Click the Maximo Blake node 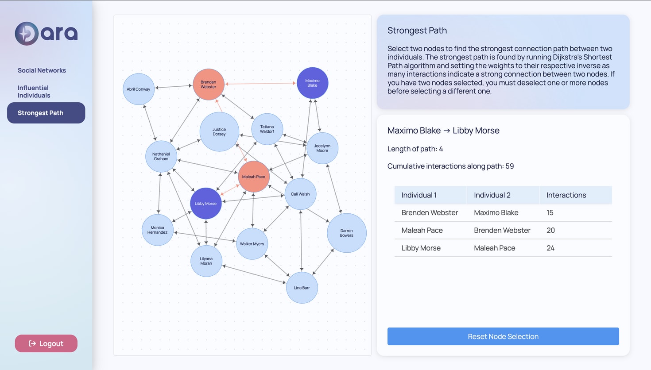point(312,83)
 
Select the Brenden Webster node point(208,84)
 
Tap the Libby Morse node point(205,203)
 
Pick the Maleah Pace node point(253,176)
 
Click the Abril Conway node point(139,89)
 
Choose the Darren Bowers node point(346,233)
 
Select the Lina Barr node point(302,288)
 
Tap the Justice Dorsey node point(219,131)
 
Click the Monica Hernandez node point(157,230)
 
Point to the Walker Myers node point(252,243)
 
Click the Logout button point(46,343)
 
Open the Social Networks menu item point(42,70)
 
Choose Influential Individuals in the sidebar point(34,92)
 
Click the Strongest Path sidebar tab point(46,113)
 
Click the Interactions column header point(566,195)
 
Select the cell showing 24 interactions point(550,248)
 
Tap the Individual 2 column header point(492,195)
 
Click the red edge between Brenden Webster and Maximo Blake point(260,83)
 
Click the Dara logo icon point(27,33)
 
